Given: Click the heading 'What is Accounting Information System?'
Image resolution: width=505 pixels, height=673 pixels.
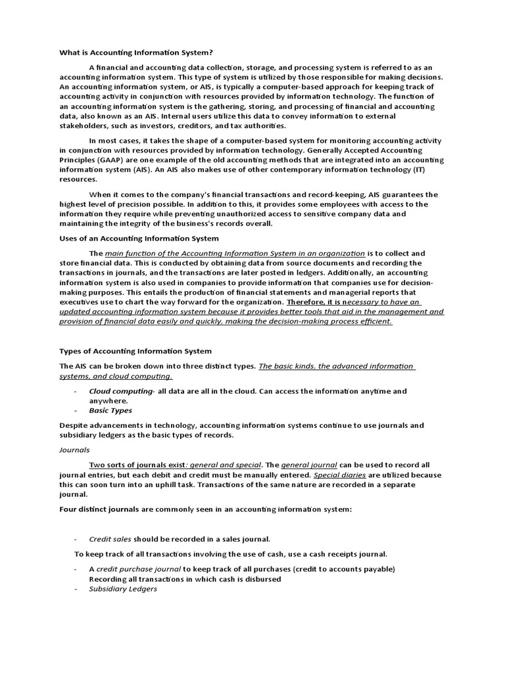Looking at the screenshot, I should (137, 52).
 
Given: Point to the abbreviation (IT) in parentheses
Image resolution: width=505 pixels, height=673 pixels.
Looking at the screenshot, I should (429, 169).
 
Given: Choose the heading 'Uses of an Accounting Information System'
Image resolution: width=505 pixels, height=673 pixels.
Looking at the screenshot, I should (139, 238).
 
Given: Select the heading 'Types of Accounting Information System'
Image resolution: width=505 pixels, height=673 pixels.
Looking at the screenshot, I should (135, 351).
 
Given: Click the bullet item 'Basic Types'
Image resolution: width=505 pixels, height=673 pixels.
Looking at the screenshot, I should (110, 410).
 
